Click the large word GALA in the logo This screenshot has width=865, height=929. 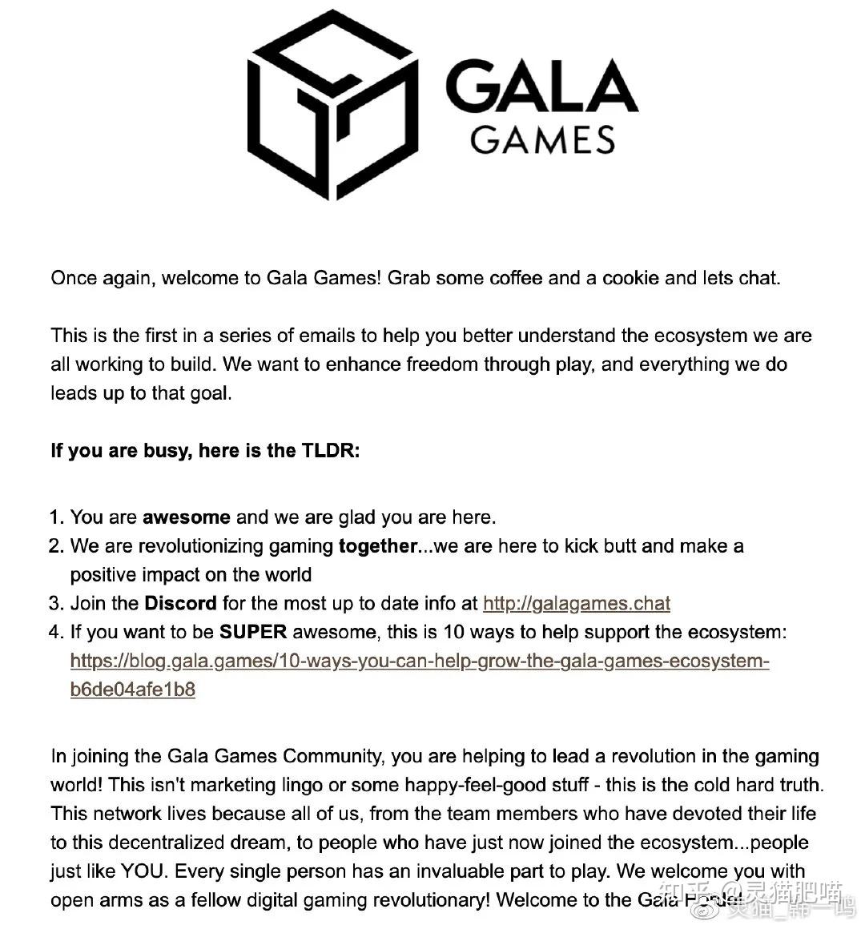tap(541, 86)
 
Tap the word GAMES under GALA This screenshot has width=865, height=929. tap(542, 140)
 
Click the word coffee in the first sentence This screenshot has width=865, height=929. tap(517, 278)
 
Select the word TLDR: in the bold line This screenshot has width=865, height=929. tap(331, 450)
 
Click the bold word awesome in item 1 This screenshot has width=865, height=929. tap(186, 517)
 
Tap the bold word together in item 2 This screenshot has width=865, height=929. tap(377, 546)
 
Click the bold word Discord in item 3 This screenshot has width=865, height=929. tap(180, 603)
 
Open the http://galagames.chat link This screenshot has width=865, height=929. tap(576, 603)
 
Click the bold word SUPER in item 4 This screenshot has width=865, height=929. tap(253, 632)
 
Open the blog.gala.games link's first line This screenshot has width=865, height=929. tap(419, 661)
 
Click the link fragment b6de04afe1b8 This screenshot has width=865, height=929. tap(132, 690)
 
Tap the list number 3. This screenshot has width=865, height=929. tap(55, 603)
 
